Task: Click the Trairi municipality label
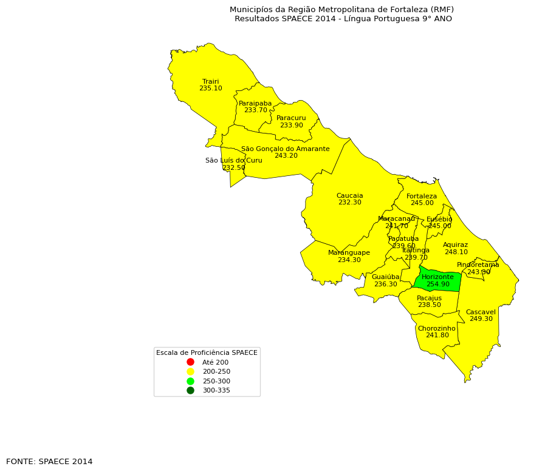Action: pyautogui.click(x=210, y=81)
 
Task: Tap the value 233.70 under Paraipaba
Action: pyautogui.click(x=255, y=110)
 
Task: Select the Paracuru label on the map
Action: pyautogui.click(x=291, y=118)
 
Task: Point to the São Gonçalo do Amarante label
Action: pyautogui.click(x=285, y=149)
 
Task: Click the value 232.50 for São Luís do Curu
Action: pyautogui.click(x=233, y=168)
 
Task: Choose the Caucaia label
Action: pyautogui.click(x=349, y=195)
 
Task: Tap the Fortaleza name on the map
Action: pyautogui.click(x=422, y=196)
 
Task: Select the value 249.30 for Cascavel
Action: pyautogui.click(x=481, y=319)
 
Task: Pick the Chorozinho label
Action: pyautogui.click(x=436, y=328)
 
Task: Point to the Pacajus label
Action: pyautogui.click(x=429, y=298)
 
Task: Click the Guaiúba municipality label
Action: pyautogui.click(x=385, y=277)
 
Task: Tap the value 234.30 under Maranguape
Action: pyautogui.click(x=349, y=260)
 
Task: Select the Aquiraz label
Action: pyautogui.click(x=455, y=245)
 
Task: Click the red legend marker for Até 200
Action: pyautogui.click(x=190, y=362)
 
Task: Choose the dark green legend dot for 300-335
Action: pyautogui.click(x=190, y=390)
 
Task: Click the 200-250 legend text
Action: pyautogui.click(x=216, y=371)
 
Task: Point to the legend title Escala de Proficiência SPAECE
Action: pyautogui.click(x=207, y=352)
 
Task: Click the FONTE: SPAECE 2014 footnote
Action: pyautogui.click(x=49, y=462)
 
